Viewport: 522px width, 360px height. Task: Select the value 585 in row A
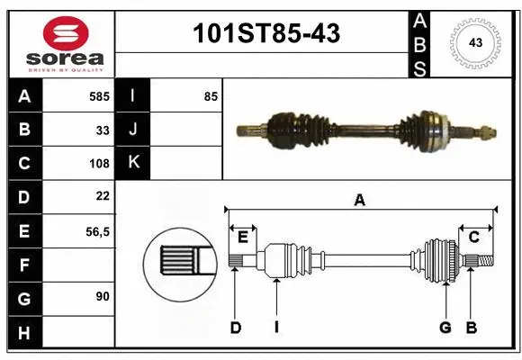click(x=99, y=95)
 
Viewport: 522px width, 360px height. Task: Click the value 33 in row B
click(x=103, y=130)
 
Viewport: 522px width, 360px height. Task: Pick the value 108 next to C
click(x=99, y=164)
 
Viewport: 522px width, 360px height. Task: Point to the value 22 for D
click(x=103, y=196)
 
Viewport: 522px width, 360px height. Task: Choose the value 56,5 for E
click(x=97, y=231)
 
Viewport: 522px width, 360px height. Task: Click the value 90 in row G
click(x=103, y=296)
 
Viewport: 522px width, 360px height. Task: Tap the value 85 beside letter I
click(x=211, y=95)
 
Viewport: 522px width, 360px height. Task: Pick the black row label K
click(x=134, y=163)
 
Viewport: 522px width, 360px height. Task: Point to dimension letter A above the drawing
click(x=359, y=201)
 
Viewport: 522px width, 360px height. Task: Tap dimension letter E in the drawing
click(x=242, y=237)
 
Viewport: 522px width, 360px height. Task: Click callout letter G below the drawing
click(x=445, y=328)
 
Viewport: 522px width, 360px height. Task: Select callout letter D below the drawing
click(x=236, y=328)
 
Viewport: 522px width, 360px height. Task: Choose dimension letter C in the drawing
click(x=473, y=237)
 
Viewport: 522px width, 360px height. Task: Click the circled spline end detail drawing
click(x=179, y=262)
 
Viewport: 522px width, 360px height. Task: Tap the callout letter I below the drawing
click(x=277, y=328)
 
